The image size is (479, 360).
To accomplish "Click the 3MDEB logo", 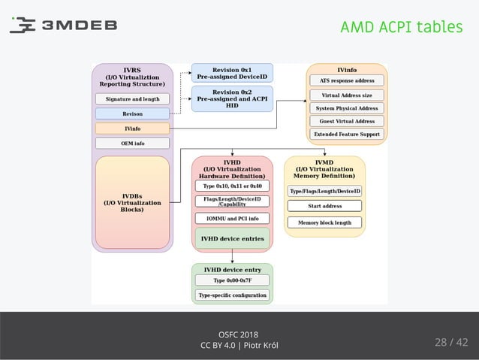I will coord(63,26).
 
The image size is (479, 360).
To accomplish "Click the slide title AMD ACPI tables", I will coord(401,27).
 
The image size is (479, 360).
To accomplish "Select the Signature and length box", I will coord(132,98).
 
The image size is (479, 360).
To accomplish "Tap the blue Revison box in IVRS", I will coord(132,113).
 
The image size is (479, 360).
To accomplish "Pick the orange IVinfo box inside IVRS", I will coord(132,129).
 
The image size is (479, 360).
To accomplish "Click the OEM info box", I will coord(132,143).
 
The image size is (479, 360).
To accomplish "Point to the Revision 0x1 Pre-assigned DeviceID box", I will coord(231,73).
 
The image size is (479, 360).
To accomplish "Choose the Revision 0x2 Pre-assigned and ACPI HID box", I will coord(231,98).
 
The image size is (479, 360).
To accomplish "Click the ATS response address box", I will coord(347,80).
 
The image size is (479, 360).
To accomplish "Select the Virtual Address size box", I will coord(347,95).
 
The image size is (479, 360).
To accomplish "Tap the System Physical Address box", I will coord(347,108).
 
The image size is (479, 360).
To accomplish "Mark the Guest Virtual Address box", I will coord(347,121).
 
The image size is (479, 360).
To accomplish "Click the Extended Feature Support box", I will coord(347,135).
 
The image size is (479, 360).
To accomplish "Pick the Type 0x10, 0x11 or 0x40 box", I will coord(233,185).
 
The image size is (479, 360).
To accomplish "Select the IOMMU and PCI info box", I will coord(233,219).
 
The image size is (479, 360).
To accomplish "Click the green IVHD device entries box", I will coord(233,239).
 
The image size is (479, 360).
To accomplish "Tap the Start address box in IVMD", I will coord(325,206).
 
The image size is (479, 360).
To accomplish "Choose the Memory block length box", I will coord(325,222).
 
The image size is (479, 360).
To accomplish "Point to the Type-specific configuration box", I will coord(233,295).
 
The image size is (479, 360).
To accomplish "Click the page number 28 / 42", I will coord(450,343).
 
